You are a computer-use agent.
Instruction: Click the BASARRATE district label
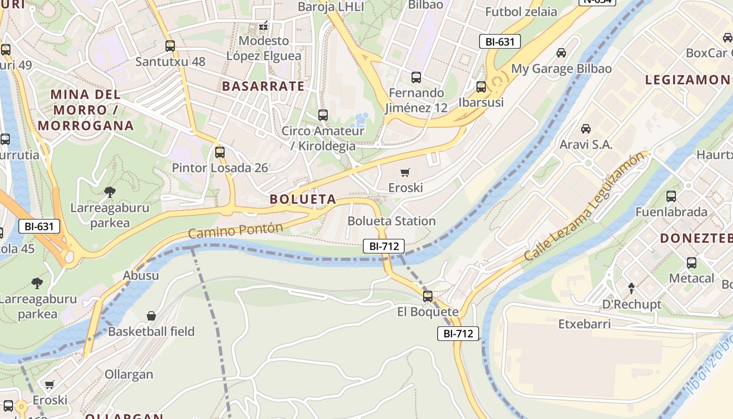263,86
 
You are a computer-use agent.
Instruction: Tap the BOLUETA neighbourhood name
303,199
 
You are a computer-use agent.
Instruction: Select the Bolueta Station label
391,221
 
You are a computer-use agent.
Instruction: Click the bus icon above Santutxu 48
170,46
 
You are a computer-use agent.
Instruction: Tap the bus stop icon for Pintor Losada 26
220,152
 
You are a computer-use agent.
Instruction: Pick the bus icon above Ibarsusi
481,87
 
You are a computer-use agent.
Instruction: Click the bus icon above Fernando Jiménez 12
416,78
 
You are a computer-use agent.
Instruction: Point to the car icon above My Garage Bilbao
561,53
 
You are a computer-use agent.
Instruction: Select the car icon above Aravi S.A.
586,129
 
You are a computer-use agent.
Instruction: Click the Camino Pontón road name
236,230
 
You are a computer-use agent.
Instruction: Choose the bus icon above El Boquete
428,296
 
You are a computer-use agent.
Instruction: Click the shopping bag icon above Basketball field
151,316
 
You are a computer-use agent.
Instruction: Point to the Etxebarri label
584,324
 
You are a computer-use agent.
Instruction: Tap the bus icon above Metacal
692,263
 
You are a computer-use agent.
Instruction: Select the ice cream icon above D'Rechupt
631,289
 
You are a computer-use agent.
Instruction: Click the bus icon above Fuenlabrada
671,196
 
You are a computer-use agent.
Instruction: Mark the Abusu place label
141,275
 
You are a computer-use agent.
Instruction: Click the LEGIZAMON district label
687,80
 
